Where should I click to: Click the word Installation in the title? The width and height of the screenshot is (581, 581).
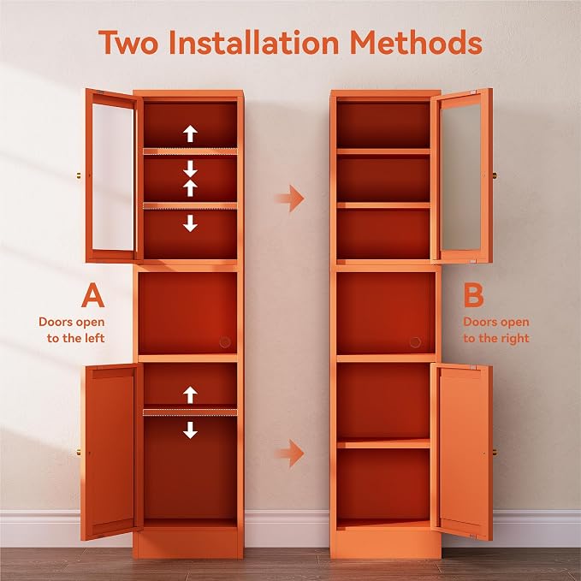(254, 43)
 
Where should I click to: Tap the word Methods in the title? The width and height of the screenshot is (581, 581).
(416, 43)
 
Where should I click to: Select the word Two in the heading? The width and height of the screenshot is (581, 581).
(128, 43)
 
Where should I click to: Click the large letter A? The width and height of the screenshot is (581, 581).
(92, 295)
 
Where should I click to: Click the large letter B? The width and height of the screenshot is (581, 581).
(473, 295)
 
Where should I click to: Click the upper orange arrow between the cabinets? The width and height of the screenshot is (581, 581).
(290, 199)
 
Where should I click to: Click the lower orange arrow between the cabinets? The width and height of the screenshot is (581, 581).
(290, 454)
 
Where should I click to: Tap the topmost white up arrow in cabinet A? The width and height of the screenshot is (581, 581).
(190, 133)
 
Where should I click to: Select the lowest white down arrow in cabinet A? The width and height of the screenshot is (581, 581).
(190, 430)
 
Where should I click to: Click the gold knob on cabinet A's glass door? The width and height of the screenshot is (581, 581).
(79, 175)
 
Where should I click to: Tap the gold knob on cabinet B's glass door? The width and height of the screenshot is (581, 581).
(495, 175)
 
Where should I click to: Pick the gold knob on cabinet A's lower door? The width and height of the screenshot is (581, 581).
(79, 453)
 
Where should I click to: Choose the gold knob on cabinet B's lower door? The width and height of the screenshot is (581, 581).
(495, 453)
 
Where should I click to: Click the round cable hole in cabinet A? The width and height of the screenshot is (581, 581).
(225, 342)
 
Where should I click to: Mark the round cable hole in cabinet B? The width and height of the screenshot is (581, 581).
(415, 342)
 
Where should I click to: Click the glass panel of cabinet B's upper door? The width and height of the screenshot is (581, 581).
(461, 177)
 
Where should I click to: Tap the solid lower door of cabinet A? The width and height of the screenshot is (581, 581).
(110, 451)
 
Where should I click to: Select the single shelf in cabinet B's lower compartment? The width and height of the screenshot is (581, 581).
(383, 443)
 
